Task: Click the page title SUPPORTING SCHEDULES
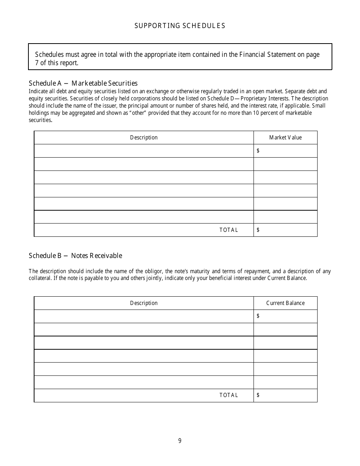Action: [180, 26]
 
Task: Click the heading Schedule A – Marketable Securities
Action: [83, 83]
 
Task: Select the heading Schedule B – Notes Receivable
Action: [75, 256]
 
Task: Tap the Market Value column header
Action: [285, 138]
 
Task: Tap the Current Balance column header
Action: [285, 303]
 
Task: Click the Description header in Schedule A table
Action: [144, 138]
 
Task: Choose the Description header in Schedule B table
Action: [144, 303]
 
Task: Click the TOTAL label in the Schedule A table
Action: [229, 230]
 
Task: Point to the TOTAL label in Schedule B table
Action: [229, 395]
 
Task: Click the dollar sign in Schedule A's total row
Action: [258, 230]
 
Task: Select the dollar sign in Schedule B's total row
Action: [258, 395]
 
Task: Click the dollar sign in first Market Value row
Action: [258, 151]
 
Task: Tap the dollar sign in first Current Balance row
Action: [258, 316]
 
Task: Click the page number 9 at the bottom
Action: [180, 441]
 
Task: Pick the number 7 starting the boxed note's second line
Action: [37, 63]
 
